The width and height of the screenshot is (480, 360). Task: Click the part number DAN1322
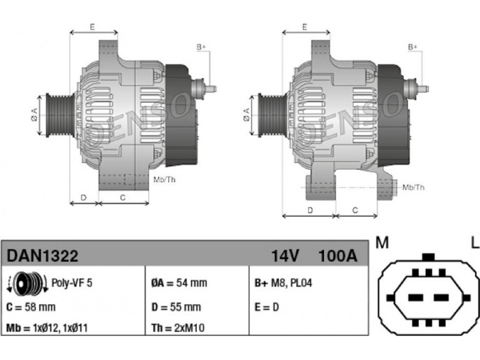(x=42, y=256)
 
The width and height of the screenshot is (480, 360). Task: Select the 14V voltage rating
(x=284, y=256)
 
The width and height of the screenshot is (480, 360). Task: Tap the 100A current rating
(x=338, y=256)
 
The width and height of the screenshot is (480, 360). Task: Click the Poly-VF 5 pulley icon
(x=27, y=283)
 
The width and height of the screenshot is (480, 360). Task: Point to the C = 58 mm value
(x=31, y=307)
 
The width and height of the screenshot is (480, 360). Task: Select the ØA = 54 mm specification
(x=179, y=283)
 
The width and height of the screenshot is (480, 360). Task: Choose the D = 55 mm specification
(x=176, y=307)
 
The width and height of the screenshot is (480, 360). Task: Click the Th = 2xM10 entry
(x=178, y=328)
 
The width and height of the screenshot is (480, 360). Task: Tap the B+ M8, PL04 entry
(x=283, y=283)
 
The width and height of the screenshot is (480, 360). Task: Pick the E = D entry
(x=266, y=307)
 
